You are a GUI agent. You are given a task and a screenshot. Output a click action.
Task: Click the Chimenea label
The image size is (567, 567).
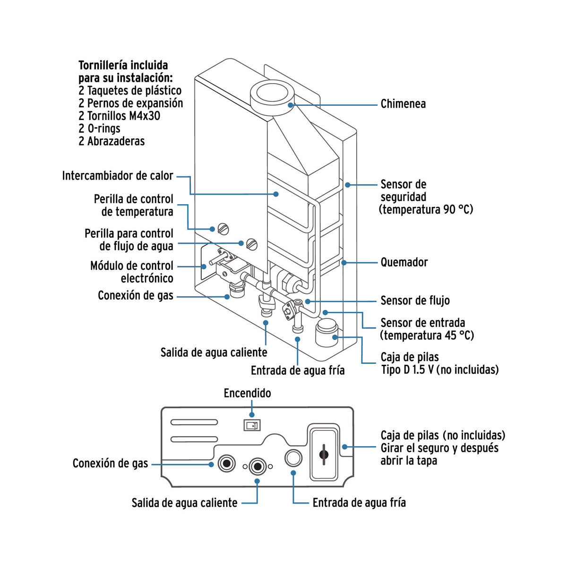[x=403, y=104]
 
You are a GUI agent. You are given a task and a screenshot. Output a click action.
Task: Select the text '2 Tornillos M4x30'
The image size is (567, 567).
[x=119, y=116]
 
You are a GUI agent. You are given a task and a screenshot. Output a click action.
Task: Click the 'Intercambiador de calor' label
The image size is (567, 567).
[x=118, y=176]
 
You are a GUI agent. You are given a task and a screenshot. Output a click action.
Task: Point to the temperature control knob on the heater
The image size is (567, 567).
[x=223, y=229]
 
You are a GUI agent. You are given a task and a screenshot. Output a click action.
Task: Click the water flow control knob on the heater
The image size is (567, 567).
[x=252, y=244]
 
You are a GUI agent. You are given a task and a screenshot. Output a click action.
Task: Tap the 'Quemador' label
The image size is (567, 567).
[x=404, y=262]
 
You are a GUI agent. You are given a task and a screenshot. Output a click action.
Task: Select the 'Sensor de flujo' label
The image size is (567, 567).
[x=415, y=301]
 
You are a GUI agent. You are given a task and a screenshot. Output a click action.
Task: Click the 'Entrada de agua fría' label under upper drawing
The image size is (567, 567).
[x=297, y=370]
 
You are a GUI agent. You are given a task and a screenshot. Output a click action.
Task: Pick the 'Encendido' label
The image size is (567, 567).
[x=247, y=393]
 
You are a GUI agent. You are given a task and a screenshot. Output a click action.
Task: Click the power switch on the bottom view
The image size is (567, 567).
[x=251, y=425]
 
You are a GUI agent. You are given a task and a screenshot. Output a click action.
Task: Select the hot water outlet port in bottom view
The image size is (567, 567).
[x=258, y=466]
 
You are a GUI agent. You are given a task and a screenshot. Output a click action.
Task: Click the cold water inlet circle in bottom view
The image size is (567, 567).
[x=293, y=458]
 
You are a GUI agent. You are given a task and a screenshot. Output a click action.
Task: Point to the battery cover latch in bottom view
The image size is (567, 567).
[x=324, y=454]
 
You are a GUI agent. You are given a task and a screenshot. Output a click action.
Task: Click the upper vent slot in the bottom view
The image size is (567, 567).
[x=194, y=422]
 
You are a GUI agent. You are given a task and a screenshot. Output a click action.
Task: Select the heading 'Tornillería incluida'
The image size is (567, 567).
[x=123, y=65]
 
